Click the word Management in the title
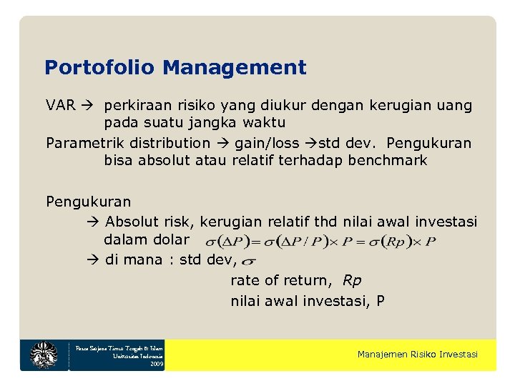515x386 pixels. pyautogui.click(x=234, y=68)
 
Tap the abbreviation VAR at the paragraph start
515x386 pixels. pyautogui.click(x=61, y=106)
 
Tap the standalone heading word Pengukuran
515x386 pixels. pyautogui.click(x=89, y=202)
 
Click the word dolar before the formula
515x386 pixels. pyautogui.click(x=171, y=239)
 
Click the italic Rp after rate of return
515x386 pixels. pyautogui.click(x=352, y=280)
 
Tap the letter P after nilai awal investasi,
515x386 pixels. pyautogui.click(x=380, y=300)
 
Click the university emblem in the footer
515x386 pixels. pyautogui.click(x=44, y=355)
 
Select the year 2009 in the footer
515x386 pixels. pyautogui.click(x=157, y=364)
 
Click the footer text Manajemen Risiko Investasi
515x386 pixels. pyautogui.click(x=417, y=355)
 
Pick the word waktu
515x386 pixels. pyautogui.click(x=262, y=123)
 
